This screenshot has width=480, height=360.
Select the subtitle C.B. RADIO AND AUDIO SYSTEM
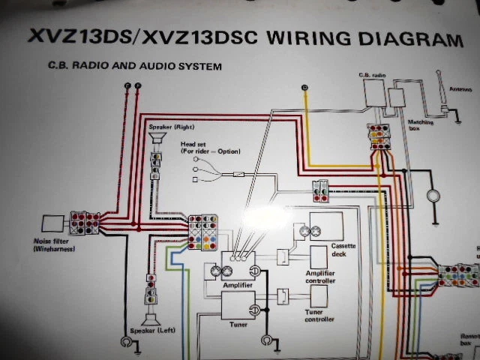point(135,67)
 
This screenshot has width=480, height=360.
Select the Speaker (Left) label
point(154,331)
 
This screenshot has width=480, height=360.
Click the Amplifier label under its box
point(237,286)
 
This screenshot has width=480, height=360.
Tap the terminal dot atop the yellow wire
point(304,88)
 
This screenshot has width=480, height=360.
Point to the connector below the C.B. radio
point(379,136)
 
